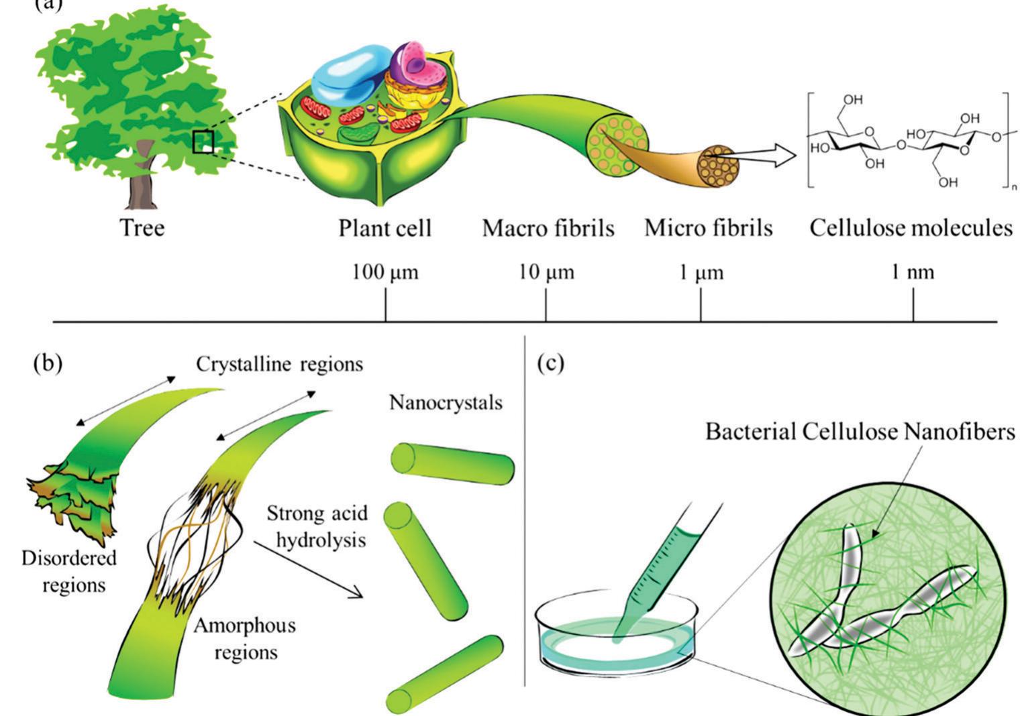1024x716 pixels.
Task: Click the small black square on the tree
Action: (x=203, y=142)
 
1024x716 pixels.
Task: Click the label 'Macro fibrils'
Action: (x=548, y=229)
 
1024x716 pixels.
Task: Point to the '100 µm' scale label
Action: (x=385, y=273)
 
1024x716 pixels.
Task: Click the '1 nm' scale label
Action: (x=912, y=273)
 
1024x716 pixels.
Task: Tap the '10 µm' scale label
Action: (x=546, y=273)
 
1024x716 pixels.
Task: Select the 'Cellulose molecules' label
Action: (x=910, y=228)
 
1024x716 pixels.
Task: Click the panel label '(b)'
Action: (x=47, y=363)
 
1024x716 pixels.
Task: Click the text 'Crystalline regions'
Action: (x=279, y=364)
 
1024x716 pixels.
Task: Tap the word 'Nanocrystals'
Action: (x=446, y=403)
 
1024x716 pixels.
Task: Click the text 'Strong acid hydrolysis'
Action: (x=317, y=526)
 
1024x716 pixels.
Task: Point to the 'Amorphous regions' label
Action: (x=245, y=638)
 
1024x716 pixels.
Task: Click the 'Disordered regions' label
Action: (x=70, y=571)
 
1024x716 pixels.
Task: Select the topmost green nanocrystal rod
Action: (x=452, y=463)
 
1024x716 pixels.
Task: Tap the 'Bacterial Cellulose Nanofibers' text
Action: (x=860, y=432)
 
